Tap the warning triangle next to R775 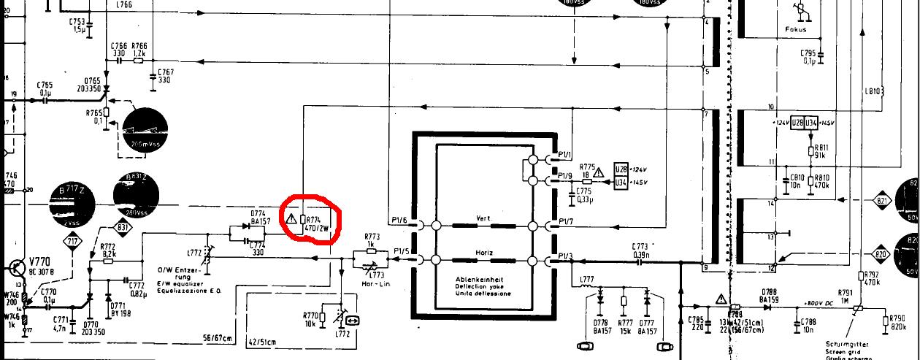(599, 173)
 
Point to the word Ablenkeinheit (480, 280)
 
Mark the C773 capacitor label (640, 246)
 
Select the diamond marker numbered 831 (123, 229)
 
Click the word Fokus (795, 30)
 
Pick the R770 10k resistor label (310, 319)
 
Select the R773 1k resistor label (373, 240)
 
